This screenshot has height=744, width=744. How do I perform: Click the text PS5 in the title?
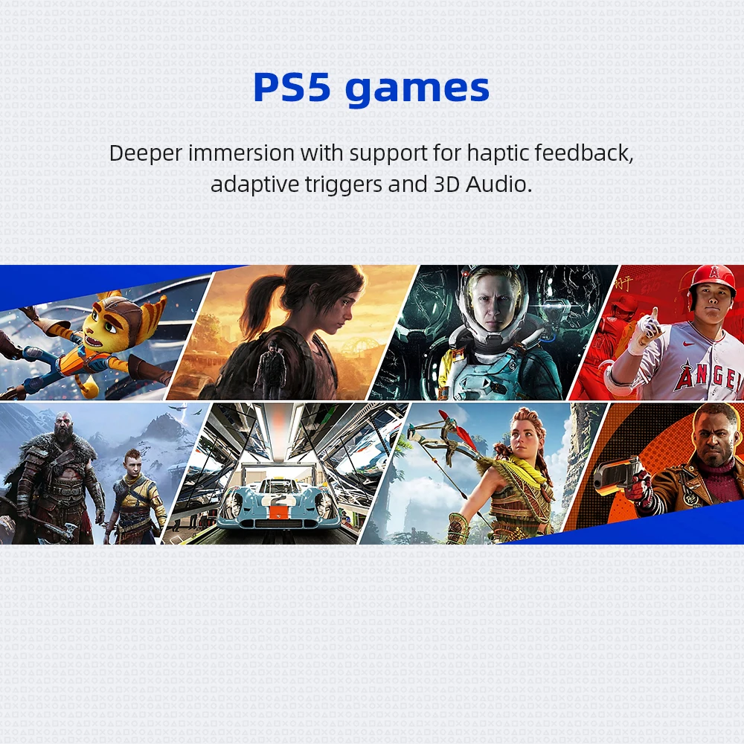[292, 87]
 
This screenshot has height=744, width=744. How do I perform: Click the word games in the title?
[417, 90]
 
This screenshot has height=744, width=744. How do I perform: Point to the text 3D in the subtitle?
[446, 184]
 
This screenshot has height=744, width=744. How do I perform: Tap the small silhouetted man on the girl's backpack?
[271, 365]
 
